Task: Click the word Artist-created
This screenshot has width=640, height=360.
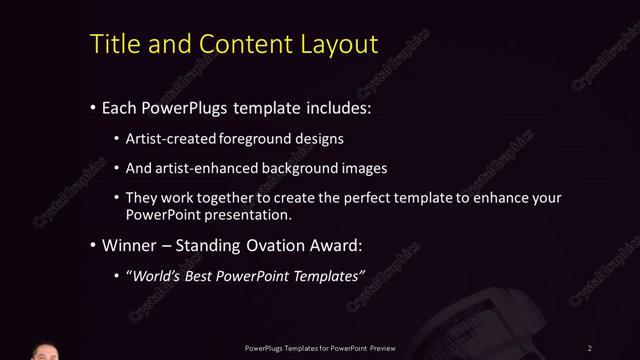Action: (x=169, y=138)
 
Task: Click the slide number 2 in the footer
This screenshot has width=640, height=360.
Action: (x=589, y=347)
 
